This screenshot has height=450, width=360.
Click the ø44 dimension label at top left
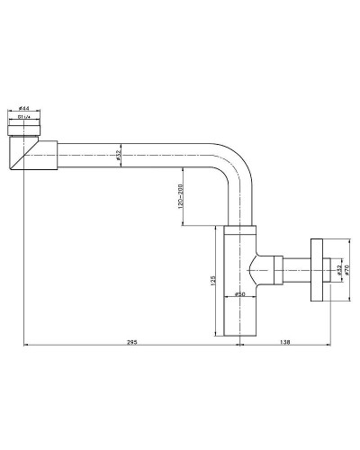23,109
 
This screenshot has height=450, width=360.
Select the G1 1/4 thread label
23,116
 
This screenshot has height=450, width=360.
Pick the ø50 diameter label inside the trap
238,294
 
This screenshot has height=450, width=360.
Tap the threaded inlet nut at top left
23,127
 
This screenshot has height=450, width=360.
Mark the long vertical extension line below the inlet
23,252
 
